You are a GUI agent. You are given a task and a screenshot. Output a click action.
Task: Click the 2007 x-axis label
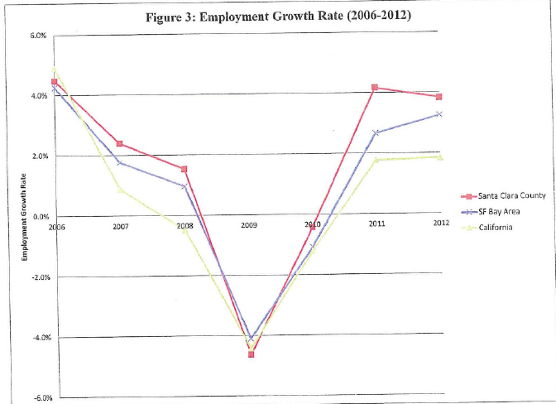pyautogui.click(x=120, y=225)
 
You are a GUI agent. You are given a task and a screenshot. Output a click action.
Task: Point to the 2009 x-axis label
pyautogui.click(x=248, y=225)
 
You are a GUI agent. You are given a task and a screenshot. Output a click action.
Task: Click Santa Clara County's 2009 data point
pyautogui.click(x=251, y=354)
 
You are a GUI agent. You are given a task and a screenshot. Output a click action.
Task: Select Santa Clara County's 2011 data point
pyautogui.click(x=375, y=88)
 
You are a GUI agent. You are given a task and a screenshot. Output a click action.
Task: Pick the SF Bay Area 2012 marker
pyautogui.click(x=439, y=114)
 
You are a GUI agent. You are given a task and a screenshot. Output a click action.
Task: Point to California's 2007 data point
pyautogui.click(x=121, y=190)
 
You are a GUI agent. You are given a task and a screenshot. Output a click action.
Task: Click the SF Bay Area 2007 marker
pyautogui.click(x=121, y=162)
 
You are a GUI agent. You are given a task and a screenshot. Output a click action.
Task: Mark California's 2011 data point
pyautogui.click(x=375, y=160)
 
